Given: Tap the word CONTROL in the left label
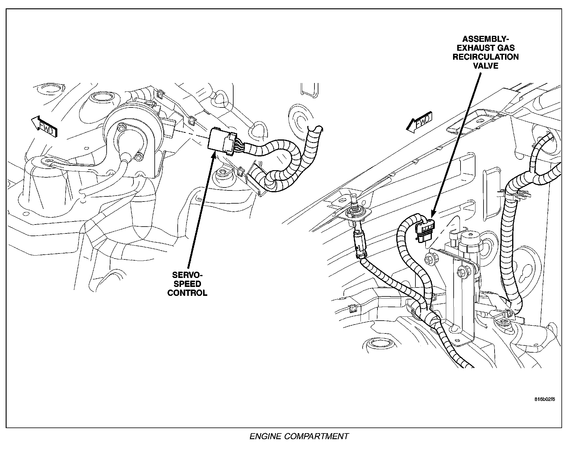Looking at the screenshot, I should coord(187,293).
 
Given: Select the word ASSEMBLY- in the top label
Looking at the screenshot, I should coord(486,39).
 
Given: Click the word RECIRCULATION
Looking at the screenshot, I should coord(486,57).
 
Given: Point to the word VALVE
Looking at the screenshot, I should coord(486,66).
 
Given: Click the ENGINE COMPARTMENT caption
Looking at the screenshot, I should coord(299,436).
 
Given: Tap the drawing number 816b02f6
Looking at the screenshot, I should coord(544,399).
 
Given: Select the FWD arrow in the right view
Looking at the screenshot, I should coord(419,122).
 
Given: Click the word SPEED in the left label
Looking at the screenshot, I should coord(187,284).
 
